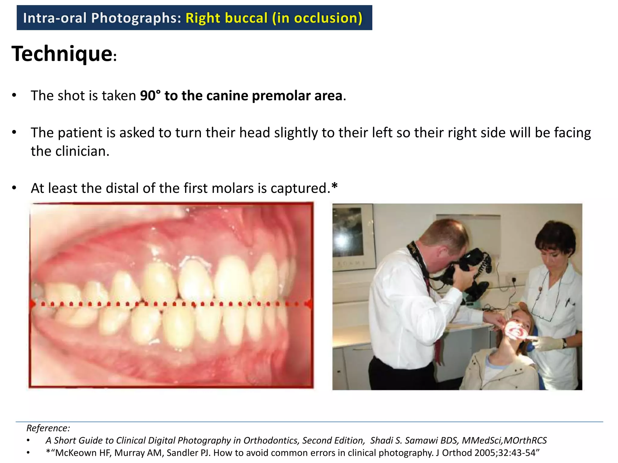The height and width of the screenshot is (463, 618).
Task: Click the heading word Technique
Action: [x=62, y=54]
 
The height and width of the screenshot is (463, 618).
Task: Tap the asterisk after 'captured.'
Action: [x=334, y=187]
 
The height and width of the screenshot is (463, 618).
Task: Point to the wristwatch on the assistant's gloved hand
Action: [x=564, y=343]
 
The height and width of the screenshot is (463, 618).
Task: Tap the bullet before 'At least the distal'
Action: [x=14, y=188]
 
